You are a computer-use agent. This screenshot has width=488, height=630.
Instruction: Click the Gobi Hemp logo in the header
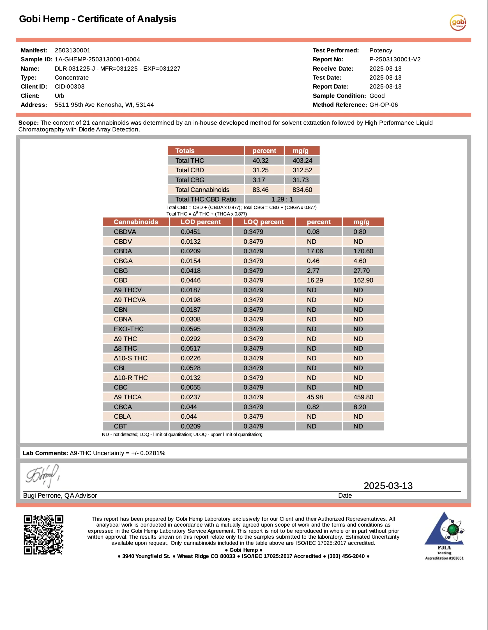[x=458, y=22]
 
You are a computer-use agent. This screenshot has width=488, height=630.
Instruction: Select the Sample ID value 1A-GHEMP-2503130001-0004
[x=97, y=59]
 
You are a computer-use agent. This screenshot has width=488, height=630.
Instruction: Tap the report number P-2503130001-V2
[x=395, y=59]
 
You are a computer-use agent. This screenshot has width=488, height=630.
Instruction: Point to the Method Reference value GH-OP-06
[x=383, y=105]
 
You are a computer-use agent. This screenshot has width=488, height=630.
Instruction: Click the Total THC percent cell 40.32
[x=261, y=160]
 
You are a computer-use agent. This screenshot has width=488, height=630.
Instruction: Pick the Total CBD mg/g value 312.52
[x=302, y=170]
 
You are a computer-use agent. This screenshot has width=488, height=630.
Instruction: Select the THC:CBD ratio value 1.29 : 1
[x=282, y=199]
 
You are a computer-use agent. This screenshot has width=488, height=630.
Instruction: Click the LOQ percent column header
[x=263, y=222]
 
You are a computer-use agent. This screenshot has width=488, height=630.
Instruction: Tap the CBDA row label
[x=123, y=251]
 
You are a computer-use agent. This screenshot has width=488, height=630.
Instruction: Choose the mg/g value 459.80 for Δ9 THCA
[x=363, y=397]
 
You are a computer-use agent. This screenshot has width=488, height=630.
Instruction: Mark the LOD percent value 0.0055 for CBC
[x=191, y=387]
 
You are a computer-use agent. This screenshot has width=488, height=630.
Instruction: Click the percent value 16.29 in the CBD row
[x=315, y=280]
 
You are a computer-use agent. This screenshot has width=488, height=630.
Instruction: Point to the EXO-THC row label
[x=128, y=329]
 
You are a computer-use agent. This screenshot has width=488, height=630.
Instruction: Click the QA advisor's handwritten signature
[x=42, y=475]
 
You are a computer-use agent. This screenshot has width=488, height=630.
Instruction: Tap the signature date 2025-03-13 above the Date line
[x=388, y=486]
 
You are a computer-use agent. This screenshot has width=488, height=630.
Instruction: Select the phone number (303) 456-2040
[x=346, y=556]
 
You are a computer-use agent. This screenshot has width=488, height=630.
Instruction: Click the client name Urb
[x=59, y=96]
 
